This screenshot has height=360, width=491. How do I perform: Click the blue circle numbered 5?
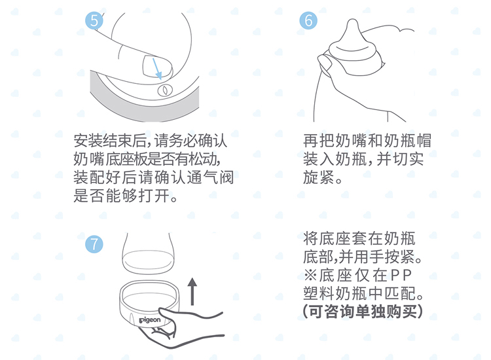click(94, 21)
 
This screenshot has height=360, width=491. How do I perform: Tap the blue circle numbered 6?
click(308, 21)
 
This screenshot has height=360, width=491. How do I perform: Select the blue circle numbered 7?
click(94, 244)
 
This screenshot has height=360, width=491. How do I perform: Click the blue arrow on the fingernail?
click(157, 68)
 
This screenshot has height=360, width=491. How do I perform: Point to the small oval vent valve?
click(165, 90)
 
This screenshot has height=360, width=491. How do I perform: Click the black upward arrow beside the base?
click(192, 291)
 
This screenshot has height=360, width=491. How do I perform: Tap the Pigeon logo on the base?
click(150, 320)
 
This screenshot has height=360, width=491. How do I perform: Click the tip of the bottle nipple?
click(353, 20)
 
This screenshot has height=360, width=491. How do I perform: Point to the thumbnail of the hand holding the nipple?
click(325, 62)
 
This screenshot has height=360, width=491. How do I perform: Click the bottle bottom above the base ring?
click(148, 261)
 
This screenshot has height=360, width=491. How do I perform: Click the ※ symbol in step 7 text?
click(310, 276)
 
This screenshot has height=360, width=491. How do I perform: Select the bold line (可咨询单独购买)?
click(363, 312)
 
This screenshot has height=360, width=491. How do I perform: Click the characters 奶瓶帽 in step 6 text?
click(408, 141)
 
